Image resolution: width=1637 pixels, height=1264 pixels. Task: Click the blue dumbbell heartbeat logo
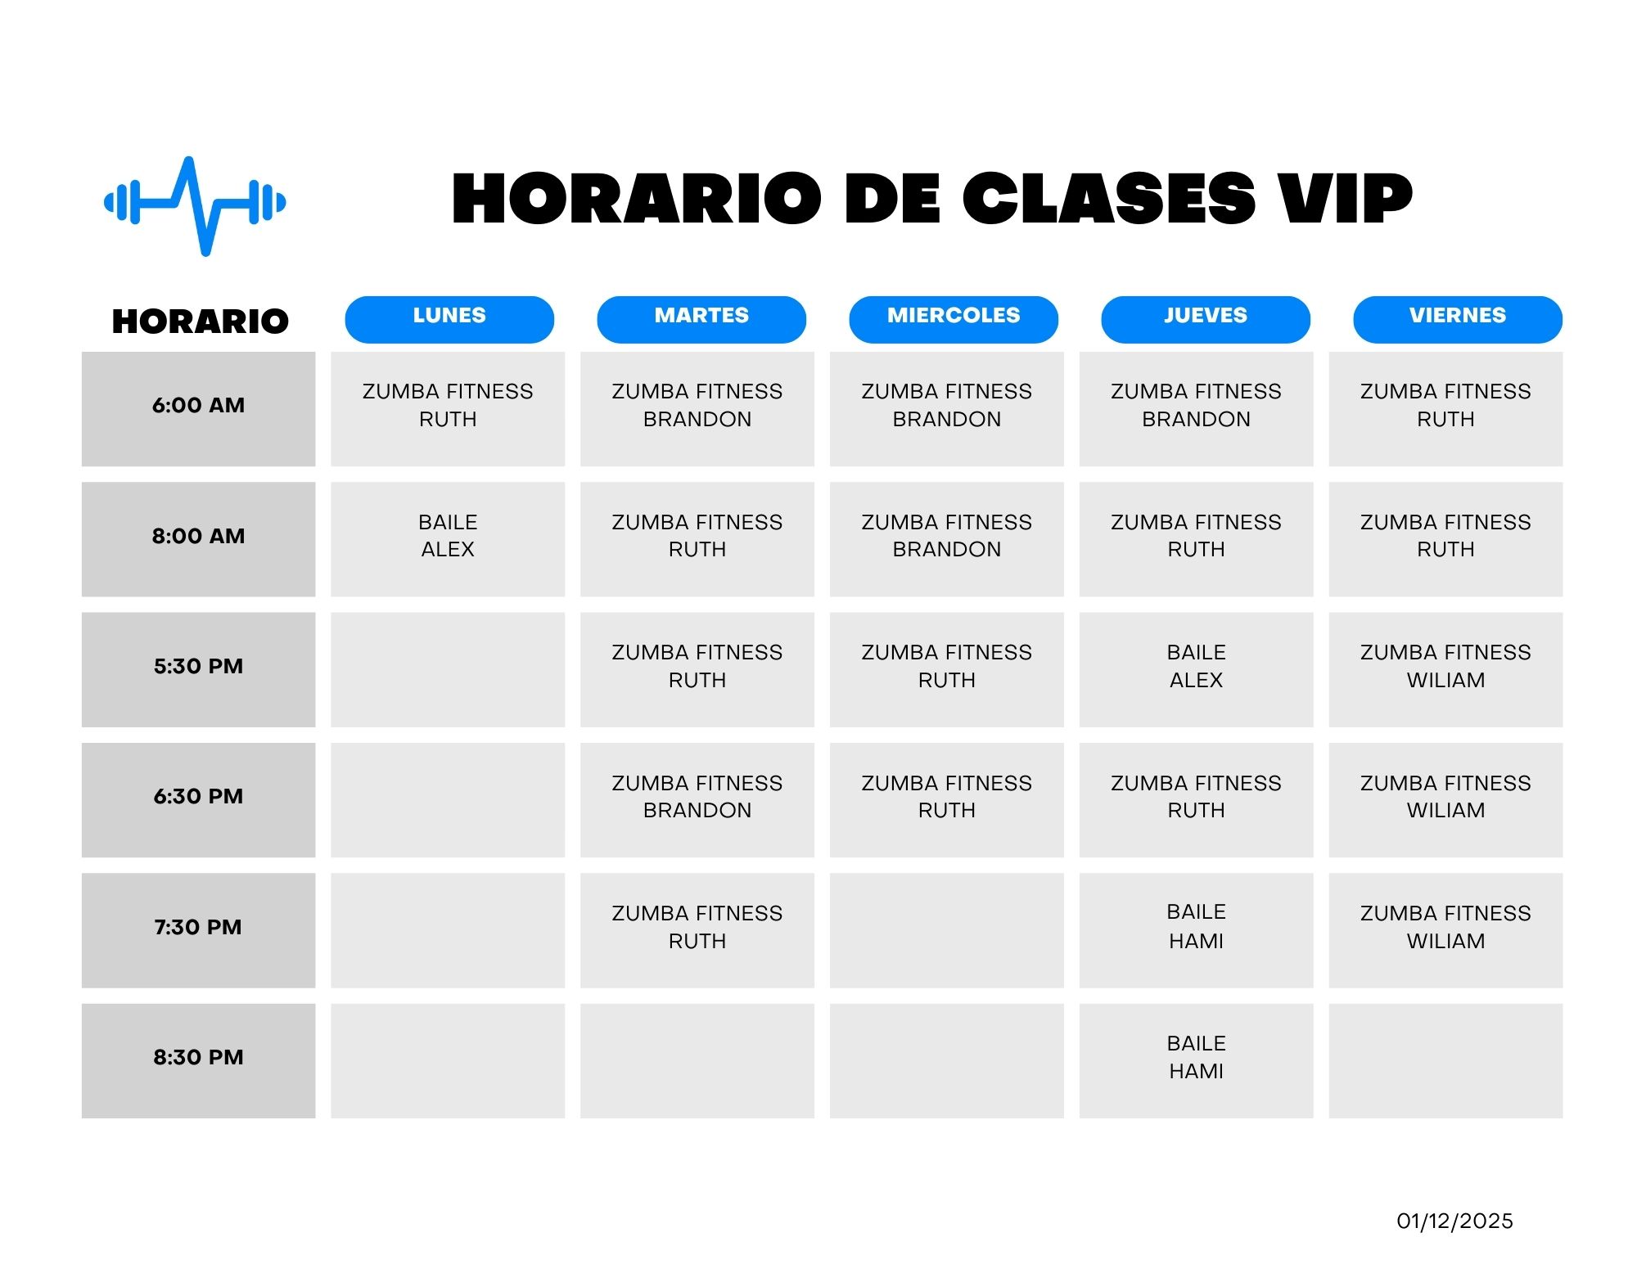pyautogui.click(x=195, y=205)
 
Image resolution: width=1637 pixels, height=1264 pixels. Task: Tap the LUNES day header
pyautogui.click(x=449, y=319)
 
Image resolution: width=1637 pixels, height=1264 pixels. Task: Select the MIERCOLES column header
pyautogui.click(x=954, y=319)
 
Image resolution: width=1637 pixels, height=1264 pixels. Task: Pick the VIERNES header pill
pyautogui.click(x=1458, y=319)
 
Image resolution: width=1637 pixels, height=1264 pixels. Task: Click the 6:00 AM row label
pyautogui.click(x=198, y=406)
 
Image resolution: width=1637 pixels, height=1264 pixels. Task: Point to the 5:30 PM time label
pyautogui.click(x=198, y=667)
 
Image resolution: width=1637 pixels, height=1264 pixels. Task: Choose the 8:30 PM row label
pyautogui.click(x=198, y=1058)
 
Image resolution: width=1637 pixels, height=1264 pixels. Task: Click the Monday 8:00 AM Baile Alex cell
pyautogui.click(x=448, y=539)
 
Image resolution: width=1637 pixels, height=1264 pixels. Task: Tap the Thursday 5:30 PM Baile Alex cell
pyautogui.click(x=1196, y=670)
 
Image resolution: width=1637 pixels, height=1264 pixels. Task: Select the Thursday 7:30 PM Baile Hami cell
pyautogui.click(x=1196, y=930)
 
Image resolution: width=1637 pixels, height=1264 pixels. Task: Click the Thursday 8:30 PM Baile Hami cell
pyautogui.click(x=1196, y=1061)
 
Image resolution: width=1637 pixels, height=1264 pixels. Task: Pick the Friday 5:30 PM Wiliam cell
pyautogui.click(x=1445, y=670)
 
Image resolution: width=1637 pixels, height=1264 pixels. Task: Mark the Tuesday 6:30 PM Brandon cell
pyautogui.click(x=697, y=800)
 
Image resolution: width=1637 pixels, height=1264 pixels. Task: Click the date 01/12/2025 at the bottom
pyautogui.click(x=1454, y=1221)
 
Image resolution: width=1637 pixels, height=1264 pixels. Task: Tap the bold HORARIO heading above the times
pyautogui.click(x=201, y=322)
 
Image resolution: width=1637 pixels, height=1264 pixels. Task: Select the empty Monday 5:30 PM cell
pyautogui.click(x=448, y=670)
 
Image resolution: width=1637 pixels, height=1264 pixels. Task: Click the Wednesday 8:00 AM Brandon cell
pyautogui.click(x=947, y=539)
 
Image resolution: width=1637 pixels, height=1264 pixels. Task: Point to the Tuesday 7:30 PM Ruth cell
pyautogui.click(x=697, y=930)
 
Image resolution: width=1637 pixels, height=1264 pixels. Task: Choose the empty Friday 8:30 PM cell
pyautogui.click(x=1445, y=1061)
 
